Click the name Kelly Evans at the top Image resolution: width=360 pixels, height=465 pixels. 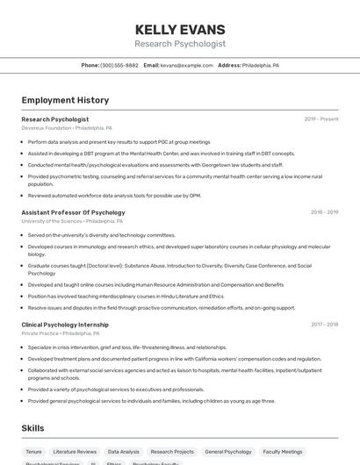[180, 29]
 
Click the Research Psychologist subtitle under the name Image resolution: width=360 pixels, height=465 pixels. [180, 43]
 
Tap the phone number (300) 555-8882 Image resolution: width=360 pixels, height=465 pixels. [119, 65]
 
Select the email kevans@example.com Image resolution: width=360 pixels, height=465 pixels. [187, 65]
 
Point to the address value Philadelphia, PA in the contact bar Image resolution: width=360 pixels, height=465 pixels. [261, 65]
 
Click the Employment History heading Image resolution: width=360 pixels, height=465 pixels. [65, 100]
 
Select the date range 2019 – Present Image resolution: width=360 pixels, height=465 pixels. [320, 118]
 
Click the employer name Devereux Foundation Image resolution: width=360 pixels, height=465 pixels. [46, 128]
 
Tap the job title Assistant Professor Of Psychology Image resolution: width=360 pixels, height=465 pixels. [73, 212]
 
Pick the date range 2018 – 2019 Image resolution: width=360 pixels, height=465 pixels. [324, 212]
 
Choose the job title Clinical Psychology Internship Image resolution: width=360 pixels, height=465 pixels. [65, 325]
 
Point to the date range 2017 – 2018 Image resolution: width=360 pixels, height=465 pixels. [324, 325]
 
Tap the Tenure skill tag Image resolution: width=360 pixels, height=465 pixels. [33, 451]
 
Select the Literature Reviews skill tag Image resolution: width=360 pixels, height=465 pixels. [75, 451]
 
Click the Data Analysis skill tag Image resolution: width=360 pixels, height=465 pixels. [124, 451]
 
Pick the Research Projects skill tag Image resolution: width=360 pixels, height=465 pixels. [172, 451]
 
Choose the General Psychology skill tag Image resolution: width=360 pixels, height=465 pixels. [228, 451]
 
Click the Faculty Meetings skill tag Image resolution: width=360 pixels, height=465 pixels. [283, 451]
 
